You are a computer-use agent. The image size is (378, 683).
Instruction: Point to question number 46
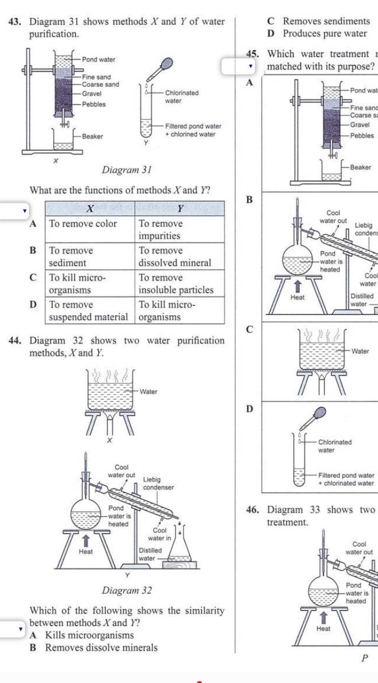(253, 510)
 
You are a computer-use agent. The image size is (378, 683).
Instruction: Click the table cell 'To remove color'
(83, 224)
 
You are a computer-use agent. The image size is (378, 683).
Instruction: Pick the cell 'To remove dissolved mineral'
(180, 257)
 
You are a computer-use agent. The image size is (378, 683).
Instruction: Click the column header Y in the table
(180, 209)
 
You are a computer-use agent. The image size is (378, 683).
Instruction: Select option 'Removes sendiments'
(326, 22)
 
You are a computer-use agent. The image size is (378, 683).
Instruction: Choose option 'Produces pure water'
(325, 33)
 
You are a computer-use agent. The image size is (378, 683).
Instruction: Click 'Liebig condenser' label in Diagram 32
(159, 483)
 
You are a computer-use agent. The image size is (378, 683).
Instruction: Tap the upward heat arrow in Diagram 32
(85, 540)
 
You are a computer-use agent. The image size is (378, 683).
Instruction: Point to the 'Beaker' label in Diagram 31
(92, 136)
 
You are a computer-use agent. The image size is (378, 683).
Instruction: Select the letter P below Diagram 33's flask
(365, 658)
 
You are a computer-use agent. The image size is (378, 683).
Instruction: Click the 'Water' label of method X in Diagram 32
(148, 391)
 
